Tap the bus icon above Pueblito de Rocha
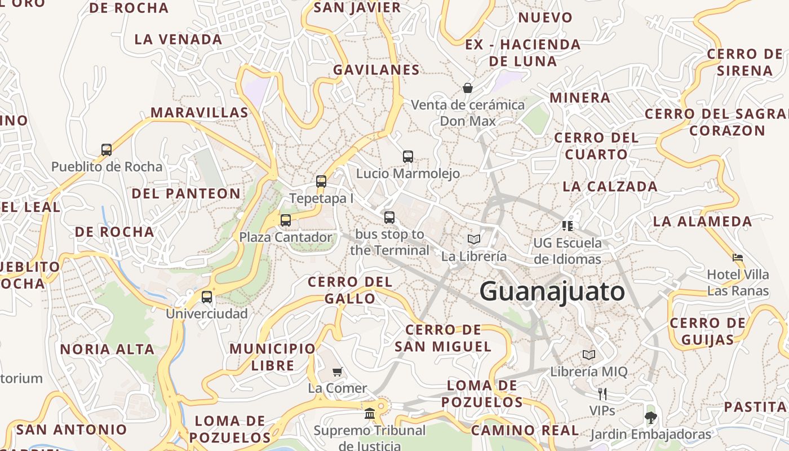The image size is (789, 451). click(107, 150)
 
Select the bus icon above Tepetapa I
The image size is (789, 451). click(321, 182)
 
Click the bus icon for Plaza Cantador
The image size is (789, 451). click(286, 220)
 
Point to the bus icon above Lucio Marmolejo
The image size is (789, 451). click(408, 157)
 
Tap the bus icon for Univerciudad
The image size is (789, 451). click(207, 297)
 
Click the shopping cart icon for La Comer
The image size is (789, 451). click(337, 372)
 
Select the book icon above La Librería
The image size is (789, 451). click(474, 240)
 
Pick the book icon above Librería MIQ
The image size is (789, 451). click(589, 355)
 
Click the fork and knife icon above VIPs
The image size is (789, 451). click(602, 393)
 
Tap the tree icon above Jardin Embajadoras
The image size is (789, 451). click(651, 418)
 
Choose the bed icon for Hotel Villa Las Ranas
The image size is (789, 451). click(738, 258)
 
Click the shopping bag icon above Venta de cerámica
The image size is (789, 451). click(468, 88)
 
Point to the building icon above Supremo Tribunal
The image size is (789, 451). click(370, 414)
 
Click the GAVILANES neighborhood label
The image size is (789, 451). click(376, 70)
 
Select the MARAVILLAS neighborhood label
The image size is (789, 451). click(199, 113)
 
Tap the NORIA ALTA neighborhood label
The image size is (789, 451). click(107, 350)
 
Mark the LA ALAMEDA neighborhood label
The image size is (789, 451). click(702, 222)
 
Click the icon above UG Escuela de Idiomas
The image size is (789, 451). click(568, 226)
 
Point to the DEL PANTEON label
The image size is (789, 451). click(186, 194)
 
